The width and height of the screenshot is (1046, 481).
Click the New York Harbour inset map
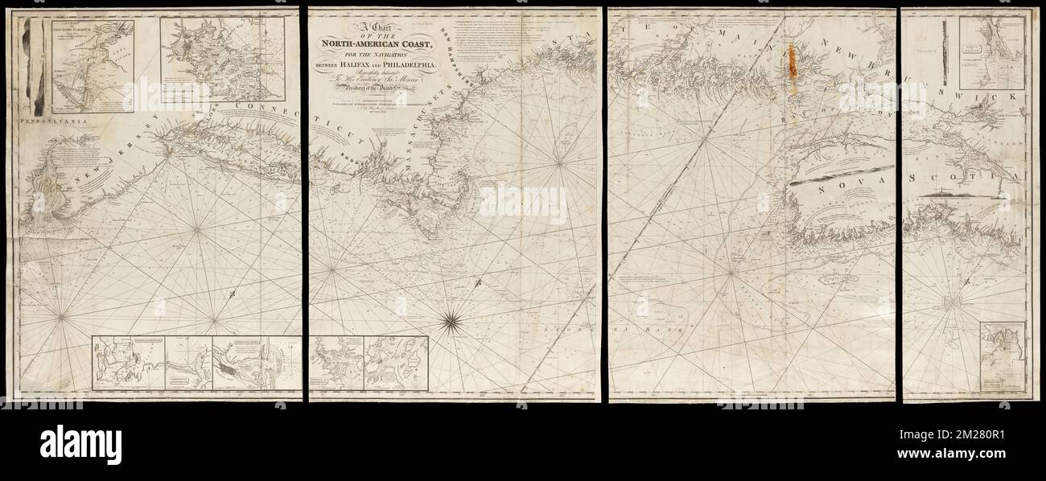[x=93, y=67]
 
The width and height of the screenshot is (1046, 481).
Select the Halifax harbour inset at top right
[x=991, y=53]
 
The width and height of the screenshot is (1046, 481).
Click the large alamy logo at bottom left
[x=80, y=443]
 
